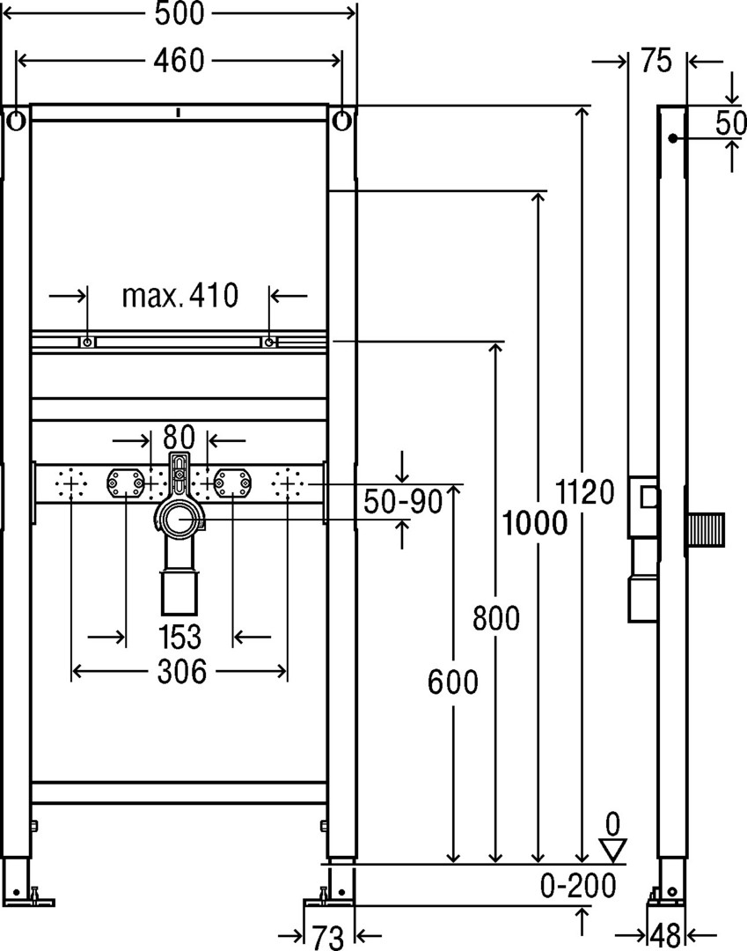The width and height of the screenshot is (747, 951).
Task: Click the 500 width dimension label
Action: coord(179,13)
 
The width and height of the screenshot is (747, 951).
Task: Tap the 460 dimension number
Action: coord(179,61)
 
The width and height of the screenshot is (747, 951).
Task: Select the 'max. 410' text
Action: coord(180,295)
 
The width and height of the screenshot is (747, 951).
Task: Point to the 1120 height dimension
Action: coord(584,491)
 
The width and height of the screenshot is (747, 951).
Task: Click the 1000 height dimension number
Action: coord(535,523)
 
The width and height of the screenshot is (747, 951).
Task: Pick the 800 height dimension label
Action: coord(496,618)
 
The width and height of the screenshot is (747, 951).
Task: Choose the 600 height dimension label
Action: coord(452,682)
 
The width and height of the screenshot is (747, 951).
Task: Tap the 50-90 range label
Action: coord(403,502)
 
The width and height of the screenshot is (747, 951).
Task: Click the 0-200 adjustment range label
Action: coord(578,886)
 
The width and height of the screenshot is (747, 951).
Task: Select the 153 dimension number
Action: coord(179,637)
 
